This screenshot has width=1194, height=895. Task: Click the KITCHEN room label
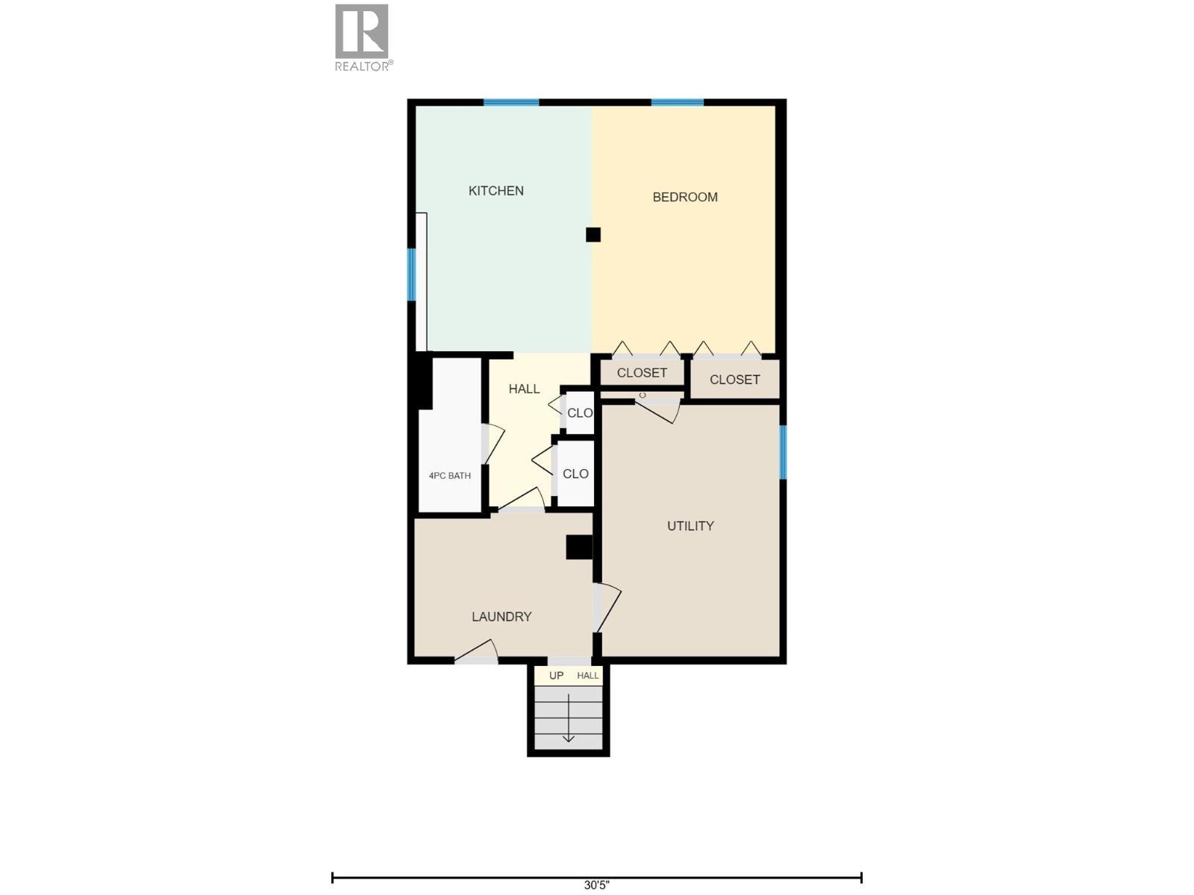tap(496, 191)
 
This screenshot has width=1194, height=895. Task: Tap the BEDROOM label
tap(685, 197)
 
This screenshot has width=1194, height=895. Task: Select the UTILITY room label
tap(690, 526)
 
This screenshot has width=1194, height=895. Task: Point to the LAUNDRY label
tap(501, 617)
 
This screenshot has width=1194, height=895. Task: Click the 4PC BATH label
tap(449, 476)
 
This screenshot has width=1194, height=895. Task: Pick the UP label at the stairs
tap(556, 676)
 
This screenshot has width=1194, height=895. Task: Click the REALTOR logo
tap(363, 37)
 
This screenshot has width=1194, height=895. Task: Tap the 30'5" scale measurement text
tap(596, 885)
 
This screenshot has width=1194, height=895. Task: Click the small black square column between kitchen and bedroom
tap(593, 235)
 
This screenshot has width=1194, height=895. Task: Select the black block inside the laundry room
tap(578, 547)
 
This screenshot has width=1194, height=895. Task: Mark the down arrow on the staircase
tap(569, 720)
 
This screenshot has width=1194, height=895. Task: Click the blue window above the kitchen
tap(511, 102)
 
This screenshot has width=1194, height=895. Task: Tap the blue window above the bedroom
tap(677, 102)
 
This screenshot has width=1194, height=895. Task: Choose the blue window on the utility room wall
tap(783, 451)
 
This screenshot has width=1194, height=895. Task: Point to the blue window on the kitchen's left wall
tap(411, 274)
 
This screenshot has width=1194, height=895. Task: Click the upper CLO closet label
tap(579, 413)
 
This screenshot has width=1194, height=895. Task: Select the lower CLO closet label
tap(575, 474)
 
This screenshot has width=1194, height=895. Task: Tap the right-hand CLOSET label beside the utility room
tap(734, 380)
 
